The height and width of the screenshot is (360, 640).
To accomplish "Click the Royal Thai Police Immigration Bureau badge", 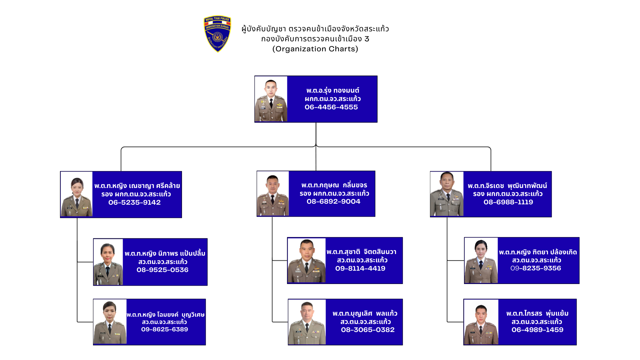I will (217, 34).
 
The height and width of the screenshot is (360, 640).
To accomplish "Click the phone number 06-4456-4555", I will (331, 107).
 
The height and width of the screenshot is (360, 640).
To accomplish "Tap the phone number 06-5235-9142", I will (134, 202).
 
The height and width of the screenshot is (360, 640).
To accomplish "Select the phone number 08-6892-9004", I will (333, 201).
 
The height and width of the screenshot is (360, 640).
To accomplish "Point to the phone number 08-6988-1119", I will (508, 202).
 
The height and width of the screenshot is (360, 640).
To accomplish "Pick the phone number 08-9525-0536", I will (162, 270).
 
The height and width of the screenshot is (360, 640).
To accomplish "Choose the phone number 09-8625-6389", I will (164, 329).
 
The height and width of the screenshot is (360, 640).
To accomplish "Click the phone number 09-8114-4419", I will (360, 268).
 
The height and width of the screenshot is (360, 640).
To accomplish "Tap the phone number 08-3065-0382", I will (367, 330).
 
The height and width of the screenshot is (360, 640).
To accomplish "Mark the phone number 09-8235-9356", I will (535, 268).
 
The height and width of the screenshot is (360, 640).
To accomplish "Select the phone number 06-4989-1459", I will (537, 330).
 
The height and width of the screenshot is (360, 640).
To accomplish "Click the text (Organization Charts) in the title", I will (315, 49).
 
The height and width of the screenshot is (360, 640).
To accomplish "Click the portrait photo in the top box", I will (271, 99).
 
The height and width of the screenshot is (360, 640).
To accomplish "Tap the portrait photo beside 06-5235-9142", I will (77, 194).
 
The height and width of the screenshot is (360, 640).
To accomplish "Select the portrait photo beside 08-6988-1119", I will (447, 194).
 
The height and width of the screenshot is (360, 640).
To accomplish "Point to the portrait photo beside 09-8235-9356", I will (481, 261).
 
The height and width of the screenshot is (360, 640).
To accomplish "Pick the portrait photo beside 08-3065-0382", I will (307, 322).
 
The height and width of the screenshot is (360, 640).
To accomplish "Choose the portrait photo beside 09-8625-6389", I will (110, 322).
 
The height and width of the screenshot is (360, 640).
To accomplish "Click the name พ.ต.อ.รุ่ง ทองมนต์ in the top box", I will (333, 90).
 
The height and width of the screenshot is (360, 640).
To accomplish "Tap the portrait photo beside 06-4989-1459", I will (481, 322).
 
